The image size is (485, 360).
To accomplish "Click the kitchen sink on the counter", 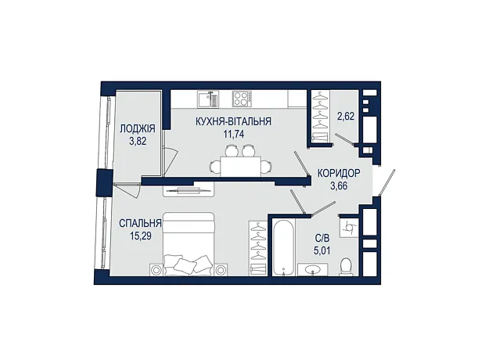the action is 208,99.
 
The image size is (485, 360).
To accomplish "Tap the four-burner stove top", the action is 242,99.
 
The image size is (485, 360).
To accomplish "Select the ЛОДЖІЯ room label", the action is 138,128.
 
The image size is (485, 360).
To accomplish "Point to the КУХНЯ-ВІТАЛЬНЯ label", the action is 234,121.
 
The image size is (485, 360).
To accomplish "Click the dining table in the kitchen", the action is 241,166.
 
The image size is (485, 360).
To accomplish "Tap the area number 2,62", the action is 346,117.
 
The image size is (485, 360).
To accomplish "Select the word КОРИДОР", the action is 339,173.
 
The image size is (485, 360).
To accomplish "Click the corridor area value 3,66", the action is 339,186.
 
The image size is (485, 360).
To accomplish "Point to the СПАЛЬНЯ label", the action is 140,223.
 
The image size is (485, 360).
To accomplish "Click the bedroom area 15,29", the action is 141,236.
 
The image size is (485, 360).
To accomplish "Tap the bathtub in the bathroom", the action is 283,247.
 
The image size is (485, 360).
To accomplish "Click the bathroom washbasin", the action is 313,269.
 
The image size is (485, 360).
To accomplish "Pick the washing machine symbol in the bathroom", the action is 349,228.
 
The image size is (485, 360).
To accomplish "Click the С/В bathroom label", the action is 322,238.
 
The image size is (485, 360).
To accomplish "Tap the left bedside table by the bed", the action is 156,270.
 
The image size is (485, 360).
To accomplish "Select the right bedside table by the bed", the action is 221,270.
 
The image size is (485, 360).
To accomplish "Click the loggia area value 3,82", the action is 138,142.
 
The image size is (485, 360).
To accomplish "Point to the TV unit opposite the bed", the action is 189,189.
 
